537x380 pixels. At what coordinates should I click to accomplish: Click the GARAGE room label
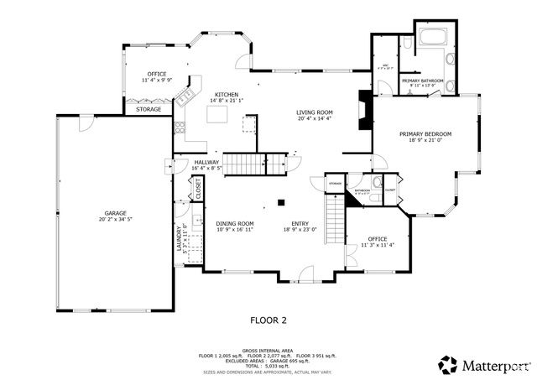coord(115,213)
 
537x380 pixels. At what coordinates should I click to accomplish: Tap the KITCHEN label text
coord(226,95)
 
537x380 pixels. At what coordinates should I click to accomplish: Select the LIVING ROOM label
coord(315,112)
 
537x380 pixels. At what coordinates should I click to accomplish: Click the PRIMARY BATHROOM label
coord(426,81)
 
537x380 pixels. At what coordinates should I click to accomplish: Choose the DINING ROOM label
coord(234,223)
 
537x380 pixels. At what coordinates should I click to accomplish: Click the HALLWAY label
coord(206,163)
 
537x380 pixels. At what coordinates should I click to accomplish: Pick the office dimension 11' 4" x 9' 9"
coord(157,81)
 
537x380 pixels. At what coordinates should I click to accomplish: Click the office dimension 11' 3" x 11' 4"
coord(378,245)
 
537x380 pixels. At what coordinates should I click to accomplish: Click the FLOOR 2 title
coord(268,320)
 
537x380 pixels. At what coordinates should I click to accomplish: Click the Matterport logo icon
coord(449,364)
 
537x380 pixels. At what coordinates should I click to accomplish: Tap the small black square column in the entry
coord(282,201)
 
